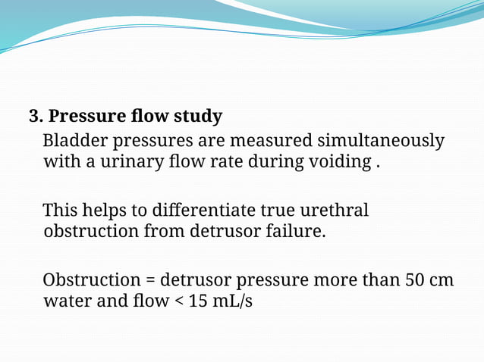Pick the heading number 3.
click(x=35, y=117)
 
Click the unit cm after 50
click(x=442, y=280)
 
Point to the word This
click(x=60, y=210)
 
